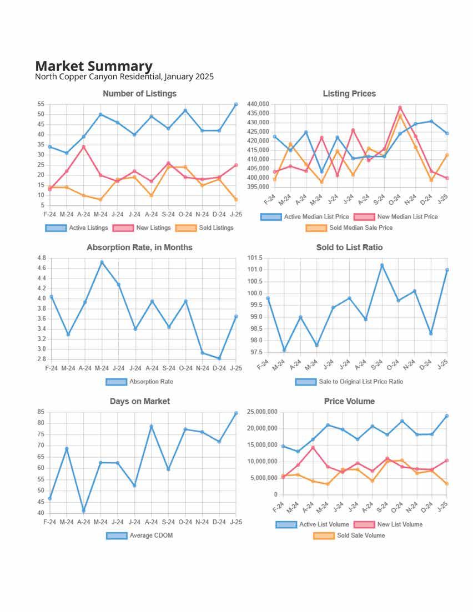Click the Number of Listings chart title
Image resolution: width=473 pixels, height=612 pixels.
tap(139, 93)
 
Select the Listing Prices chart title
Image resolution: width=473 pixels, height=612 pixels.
tap(349, 93)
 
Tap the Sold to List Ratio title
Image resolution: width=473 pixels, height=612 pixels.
tap(349, 247)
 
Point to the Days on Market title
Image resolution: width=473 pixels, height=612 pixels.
tap(139, 401)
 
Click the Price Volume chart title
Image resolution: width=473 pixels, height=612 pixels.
tap(349, 401)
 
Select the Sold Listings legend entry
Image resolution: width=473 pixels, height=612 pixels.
tap(205, 227)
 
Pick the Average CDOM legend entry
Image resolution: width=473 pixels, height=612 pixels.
tap(139, 535)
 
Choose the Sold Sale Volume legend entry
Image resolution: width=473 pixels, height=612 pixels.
tap(349, 535)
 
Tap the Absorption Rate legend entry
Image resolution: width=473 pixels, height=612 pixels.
tap(139, 382)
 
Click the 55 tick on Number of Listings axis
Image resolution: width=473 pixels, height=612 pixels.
tap(41, 104)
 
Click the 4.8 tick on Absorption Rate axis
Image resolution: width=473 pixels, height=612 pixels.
tap(41, 258)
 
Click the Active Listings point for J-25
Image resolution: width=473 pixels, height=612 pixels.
tap(236, 104)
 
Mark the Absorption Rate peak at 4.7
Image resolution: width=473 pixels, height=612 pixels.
tap(102, 262)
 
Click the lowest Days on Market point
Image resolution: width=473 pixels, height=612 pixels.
tap(84, 510)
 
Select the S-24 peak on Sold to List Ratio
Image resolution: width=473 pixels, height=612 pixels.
tap(382, 265)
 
